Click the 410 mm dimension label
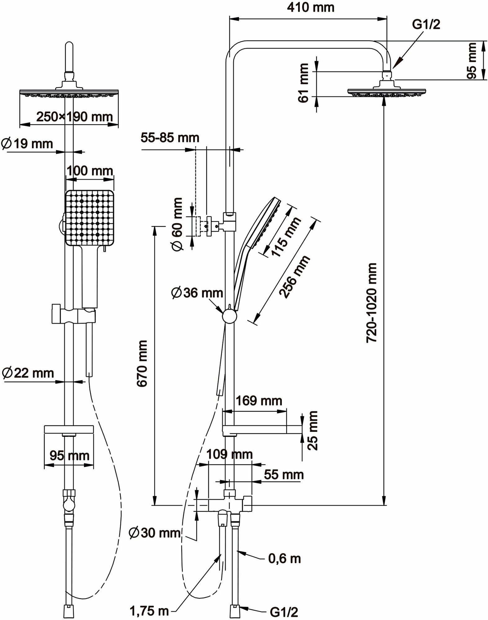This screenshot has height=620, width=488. [311, 7]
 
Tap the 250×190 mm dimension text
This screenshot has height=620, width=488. [74, 117]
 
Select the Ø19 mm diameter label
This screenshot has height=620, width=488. [27, 144]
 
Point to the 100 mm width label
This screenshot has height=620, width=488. [90, 171]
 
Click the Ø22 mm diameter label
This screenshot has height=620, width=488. [28, 373]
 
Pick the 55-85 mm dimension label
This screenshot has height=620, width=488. [170, 138]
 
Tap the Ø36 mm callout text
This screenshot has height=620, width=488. [197, 293]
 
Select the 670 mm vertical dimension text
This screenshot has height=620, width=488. [142, 363]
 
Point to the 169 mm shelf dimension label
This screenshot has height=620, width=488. [259, 401]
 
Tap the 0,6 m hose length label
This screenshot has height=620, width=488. [284, 559]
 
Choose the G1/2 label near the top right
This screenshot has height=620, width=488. [426, 24]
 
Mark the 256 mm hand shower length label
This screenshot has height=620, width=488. [294, 277]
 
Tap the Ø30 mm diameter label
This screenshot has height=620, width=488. [155, 533]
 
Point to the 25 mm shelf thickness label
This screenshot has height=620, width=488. [313, 430]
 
